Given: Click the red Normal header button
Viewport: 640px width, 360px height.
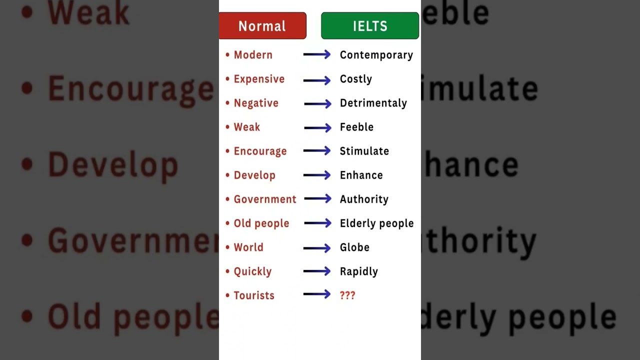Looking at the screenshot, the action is pyautogui.click(x=262, y=25).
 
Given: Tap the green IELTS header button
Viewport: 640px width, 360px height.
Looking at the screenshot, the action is pyautogui.click(x=370, y=25).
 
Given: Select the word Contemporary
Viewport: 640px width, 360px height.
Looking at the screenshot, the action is pyautogui.click(x=376, y=55).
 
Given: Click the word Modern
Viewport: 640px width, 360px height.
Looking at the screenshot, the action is pyautogui.click(x=253, y=55).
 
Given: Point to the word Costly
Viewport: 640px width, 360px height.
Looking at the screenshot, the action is pyautogui.click(x=356, y=79).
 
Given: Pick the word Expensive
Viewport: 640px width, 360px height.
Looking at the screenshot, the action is pyautogui.click(x=259, y=79).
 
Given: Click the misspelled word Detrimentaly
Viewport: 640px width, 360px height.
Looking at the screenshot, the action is pyautogui.click(x=373, y=103).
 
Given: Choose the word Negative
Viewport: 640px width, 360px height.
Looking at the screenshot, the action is pyautogui.click(x=256, y=103).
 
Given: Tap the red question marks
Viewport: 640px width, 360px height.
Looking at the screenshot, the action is pyautogui.click(x=347, y=295).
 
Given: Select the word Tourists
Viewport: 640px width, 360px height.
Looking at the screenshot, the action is pyautogui.click(x=254, y=295).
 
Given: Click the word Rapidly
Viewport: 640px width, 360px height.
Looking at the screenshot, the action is pyautogui.click(x=359, y=271).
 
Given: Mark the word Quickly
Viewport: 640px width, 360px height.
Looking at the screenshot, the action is pyautogui.click(x=252, y=271).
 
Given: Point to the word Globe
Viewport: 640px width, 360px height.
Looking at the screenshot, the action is pyautogui.click(x=354, y=247).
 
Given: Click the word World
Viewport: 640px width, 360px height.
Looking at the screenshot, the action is pyautogui.click(x=248, y=247).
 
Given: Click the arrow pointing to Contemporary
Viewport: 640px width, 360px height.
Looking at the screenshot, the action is pyautogui.click(x=317, y=54).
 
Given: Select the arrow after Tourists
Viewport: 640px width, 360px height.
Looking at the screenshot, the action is pyautogui.click(x=317, y=294).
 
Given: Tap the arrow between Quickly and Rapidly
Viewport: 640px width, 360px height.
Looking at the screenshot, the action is pyautogui.click(x=317, y=271).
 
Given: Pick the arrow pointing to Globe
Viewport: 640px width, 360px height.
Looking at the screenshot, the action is pyautogui.click(x=317, y=248).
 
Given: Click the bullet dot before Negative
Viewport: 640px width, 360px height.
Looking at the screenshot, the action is pyautogui.click(x=227, y=102).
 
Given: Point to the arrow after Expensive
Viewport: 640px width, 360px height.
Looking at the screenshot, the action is pyautogui.click(x=317, y=80).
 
